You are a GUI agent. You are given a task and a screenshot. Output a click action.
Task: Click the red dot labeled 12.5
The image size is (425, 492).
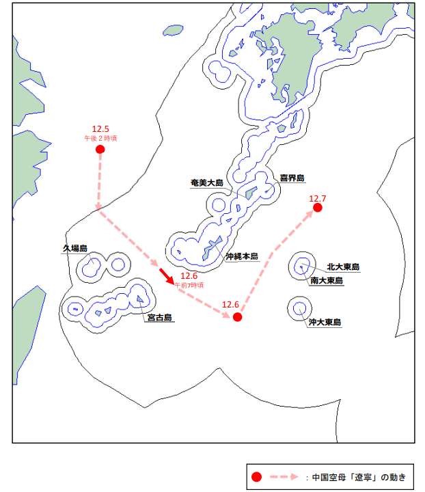coord(100,149)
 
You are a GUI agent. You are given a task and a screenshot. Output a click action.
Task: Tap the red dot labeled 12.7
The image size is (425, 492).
coord(317,208)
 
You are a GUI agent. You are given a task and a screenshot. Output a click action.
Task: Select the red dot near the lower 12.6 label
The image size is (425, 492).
coord(237,317)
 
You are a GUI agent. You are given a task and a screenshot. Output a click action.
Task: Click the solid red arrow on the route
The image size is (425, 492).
coord(165,275)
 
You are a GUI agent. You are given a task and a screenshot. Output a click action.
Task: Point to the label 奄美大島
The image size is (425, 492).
coord(207,182)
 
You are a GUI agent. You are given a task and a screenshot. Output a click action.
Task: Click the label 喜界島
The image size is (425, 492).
coord(292,178)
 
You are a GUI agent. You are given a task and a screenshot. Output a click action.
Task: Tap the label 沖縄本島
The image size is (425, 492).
coord(242,257)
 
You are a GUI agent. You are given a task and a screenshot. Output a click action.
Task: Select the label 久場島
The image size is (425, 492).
coord(75,248)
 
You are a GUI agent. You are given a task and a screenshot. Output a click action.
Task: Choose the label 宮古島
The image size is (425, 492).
coord(159,318)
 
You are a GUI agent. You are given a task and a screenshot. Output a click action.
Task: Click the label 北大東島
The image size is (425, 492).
coord(343,267)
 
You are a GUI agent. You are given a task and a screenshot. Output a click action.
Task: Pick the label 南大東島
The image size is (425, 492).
coord(326,280)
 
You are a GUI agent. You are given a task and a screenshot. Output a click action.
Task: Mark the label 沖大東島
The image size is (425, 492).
coord(325,322)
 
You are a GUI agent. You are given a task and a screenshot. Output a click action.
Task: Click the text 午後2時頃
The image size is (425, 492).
coord(100,137)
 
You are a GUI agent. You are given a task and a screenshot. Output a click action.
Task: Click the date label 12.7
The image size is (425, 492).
coord(318,199)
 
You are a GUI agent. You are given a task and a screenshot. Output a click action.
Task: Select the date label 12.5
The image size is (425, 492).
coord(100,128)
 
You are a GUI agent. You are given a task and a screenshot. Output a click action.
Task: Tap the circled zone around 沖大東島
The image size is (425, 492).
coord(299,308)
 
